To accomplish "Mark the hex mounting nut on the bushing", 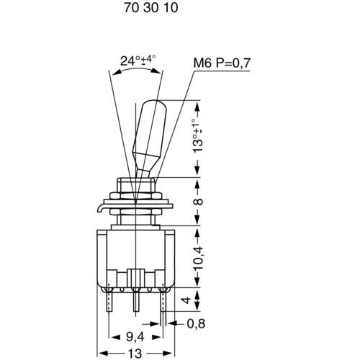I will pos(137,196).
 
